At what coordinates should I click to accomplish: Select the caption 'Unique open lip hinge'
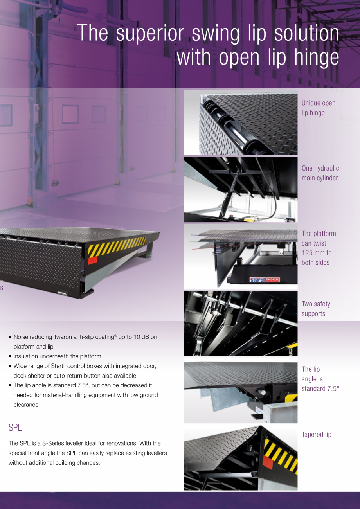[318, 108]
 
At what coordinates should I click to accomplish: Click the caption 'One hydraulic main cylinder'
[320, 173]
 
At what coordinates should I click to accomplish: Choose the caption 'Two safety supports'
[316, 309]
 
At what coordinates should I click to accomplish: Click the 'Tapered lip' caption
[316, 435]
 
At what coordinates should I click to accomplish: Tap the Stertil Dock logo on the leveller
[265, 280]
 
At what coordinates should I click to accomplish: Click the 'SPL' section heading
[15, 428]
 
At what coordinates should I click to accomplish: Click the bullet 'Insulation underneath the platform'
[57, 356]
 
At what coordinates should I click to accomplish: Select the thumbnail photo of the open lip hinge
[241, 123]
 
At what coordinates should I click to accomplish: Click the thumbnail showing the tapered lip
[241, 458]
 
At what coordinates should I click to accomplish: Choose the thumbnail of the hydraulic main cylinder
[241, 190]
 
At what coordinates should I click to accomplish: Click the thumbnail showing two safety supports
[241, 324]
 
